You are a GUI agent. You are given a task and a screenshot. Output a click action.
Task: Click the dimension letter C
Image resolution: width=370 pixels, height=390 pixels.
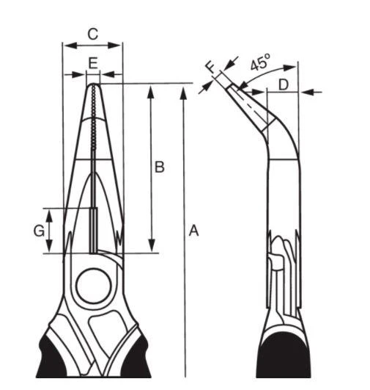93,35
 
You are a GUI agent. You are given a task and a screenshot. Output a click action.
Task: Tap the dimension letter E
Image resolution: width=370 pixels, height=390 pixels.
93,63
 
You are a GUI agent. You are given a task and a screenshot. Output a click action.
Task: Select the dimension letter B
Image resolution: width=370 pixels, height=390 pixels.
159,167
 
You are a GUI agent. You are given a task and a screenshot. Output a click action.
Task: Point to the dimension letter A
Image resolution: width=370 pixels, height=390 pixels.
194,231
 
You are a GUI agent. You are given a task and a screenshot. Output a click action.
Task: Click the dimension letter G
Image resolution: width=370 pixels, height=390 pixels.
39,231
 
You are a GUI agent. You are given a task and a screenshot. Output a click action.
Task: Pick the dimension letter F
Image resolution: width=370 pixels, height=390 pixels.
212,67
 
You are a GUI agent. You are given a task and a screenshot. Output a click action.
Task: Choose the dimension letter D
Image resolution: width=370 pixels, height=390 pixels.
284,84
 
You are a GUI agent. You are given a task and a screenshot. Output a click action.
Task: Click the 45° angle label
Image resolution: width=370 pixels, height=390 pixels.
260,62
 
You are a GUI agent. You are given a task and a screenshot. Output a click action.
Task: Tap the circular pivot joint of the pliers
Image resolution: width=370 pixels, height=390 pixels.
93,286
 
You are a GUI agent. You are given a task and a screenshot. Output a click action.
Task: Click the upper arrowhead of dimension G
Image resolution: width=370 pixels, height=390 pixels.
50,215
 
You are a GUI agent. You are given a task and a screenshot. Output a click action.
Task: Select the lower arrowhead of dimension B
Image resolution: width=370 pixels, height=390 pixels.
152,245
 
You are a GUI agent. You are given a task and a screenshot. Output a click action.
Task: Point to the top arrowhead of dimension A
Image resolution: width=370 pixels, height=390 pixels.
183,93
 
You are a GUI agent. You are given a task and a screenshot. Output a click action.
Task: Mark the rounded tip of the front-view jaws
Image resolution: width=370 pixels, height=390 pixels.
93,85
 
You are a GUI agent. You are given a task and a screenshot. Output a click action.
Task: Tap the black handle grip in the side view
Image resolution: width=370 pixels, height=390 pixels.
284,356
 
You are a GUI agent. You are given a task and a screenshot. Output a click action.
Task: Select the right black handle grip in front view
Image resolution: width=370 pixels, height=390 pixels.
136,358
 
